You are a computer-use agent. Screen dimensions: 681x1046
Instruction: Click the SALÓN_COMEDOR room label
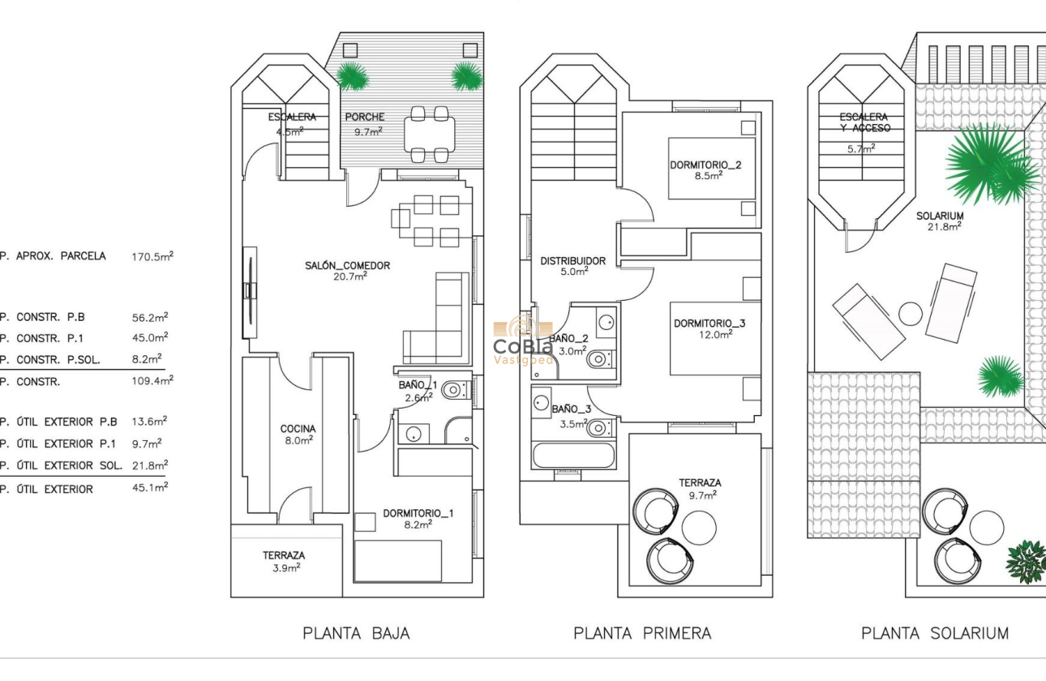pos(347,265)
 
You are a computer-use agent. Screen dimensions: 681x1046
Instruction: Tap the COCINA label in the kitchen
pos(298,429)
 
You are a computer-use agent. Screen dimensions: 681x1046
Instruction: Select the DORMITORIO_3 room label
pos(709,323)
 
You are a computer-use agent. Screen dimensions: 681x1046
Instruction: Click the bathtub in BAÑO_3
pos(573,455)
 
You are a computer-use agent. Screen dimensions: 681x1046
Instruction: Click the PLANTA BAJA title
pos(356,633)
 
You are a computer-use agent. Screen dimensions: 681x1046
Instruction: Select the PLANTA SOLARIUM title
pos(934,633)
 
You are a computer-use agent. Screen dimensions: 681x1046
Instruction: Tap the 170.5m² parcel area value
pos(152,256)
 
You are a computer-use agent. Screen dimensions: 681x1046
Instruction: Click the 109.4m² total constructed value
pos(152,380)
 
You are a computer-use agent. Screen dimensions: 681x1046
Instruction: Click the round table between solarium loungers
pos(911,314)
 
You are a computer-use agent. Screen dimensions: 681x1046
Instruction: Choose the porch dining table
pos(429,134)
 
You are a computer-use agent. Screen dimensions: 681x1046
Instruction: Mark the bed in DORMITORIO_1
pos(398,560)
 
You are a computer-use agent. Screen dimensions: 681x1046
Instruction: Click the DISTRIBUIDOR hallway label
pos(572,261)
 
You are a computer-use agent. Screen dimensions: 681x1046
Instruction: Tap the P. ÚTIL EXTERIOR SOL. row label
pos(62,465)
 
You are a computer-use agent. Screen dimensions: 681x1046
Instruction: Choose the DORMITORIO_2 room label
pos(705,165)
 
